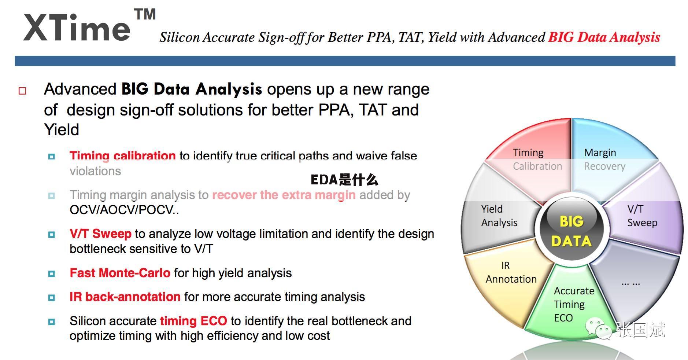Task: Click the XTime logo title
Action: (x=77, y=28)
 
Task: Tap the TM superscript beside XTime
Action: (x=145, y=14)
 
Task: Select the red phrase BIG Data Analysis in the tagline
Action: (x=604, y=37)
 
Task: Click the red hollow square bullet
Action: (x=22, y=91)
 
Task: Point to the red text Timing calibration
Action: (x=123, y=156)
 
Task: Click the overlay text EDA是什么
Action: (x=344, y=180)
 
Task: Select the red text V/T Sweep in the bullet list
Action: (x=100, y=234)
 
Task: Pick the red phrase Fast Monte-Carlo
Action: (x=120, y=273)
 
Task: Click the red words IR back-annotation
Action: (x=125, y=297)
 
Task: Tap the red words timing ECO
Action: (x=193, y=321)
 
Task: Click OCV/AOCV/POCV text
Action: (x=124, y=210)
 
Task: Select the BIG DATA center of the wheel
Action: (x=572, y=231)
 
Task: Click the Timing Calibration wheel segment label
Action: (x=537, y=159)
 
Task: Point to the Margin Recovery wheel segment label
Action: (x=604, y=159)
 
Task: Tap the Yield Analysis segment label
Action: (x=499, y=216)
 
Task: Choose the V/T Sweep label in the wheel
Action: (x=642, y=216)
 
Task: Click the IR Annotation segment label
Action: (x=511, y=272)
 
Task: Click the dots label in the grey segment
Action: (x=631, y=283)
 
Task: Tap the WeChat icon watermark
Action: (x=599, y=328)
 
